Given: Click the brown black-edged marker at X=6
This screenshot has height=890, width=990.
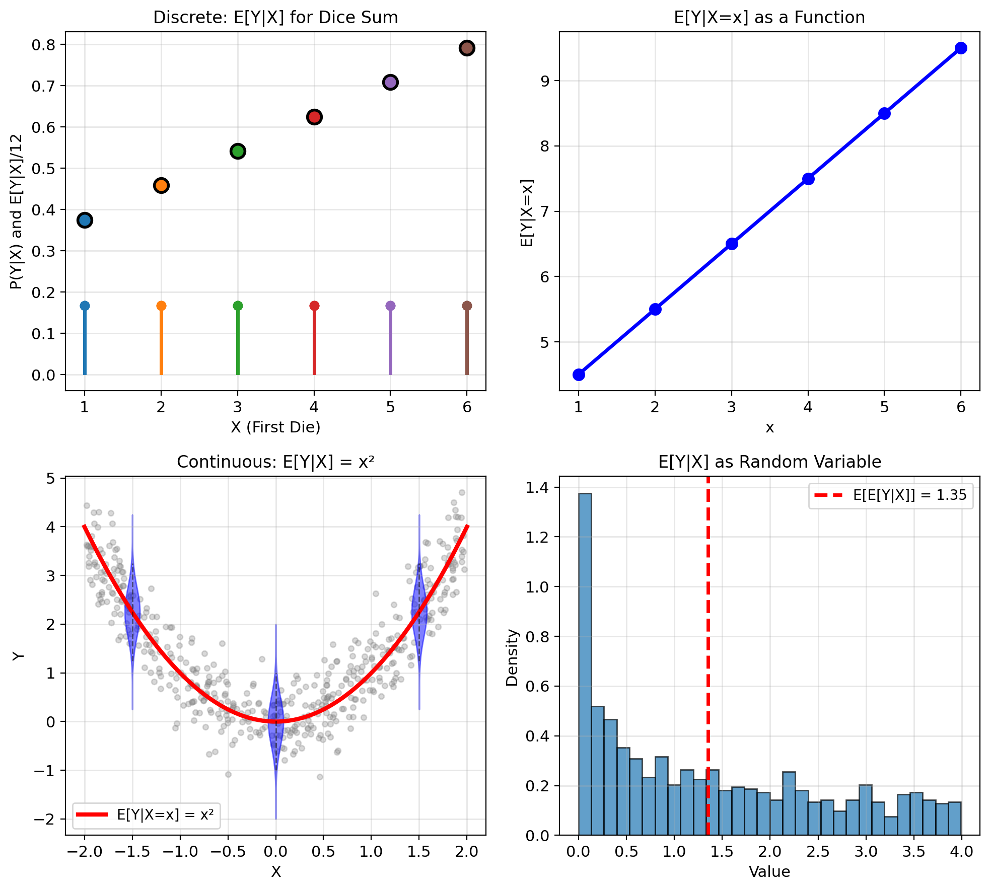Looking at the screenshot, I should coord(467,48).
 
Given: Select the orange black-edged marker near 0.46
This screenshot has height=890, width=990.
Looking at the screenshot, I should coord(161,185).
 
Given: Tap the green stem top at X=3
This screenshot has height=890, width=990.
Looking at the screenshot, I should coord(238,306).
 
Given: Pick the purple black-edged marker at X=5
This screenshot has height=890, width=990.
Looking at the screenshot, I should coord(390,82).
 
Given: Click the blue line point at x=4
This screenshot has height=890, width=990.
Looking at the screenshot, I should coord(808,179).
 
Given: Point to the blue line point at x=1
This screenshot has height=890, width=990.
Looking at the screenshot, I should coord(579,375).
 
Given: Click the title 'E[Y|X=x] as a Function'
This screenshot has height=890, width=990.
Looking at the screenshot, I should coord(769,18).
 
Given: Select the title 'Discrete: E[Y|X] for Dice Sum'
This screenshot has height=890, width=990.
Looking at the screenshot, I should coord(275,18).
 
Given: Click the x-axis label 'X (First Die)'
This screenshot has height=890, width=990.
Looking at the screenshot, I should coord(275,427).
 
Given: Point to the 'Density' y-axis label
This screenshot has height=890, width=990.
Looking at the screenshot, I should coord(512,657).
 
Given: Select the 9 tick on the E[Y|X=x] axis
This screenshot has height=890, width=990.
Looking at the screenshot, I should coord(546,81).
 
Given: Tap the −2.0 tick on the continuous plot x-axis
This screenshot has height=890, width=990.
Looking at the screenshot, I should coord(84,852).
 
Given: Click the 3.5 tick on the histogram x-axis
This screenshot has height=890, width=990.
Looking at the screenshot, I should coord(913,852).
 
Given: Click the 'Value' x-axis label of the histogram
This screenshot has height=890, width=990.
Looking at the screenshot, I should coord(769,872).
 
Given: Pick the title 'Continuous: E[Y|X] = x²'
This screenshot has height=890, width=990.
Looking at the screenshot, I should coord(275,462).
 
